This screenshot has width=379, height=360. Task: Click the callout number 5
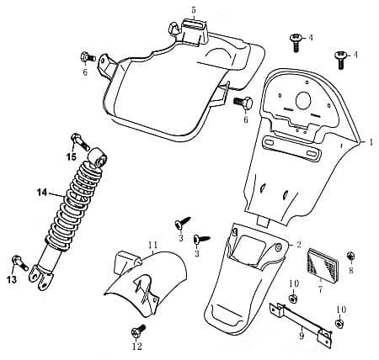click(x=194, y=10)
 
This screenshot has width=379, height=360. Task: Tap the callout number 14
click(x=42, y=193)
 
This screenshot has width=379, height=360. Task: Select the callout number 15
click(x=72, y=157)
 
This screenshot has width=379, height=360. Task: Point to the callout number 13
click(x=12, y=279)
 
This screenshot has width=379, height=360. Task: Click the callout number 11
click(x=153, y=245)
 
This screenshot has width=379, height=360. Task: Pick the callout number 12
click(x=137, y=347)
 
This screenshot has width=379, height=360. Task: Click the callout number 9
click(x=302, y=336)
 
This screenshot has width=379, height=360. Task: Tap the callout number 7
click(x=320, y=289)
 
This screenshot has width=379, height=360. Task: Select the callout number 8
click(x=351, y=270)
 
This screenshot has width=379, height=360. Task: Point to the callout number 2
click(x=298, y=245)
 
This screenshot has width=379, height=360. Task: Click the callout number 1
click(x=371, y=142)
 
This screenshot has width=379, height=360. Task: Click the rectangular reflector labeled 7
click(x=323, y=265)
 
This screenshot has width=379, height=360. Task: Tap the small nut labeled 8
click(x=350, y=256)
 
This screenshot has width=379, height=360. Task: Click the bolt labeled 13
click(x=20, y=263)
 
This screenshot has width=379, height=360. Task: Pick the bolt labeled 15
click(x=80, y=142)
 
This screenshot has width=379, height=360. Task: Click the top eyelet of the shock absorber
click(x=99, y=157)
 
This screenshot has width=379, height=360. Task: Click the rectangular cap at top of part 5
click(x=195, y=24)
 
